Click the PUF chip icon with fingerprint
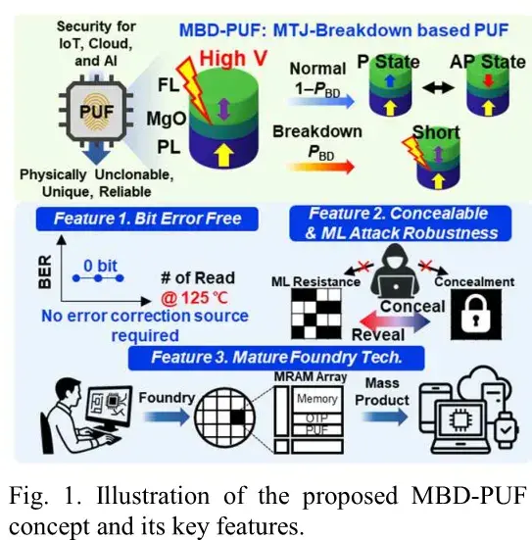[96, 111]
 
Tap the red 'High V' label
[233, 58]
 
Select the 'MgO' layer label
[167, 120]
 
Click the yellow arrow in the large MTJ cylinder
[224, 154]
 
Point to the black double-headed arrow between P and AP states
[438, 88]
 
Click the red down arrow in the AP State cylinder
[489, 81]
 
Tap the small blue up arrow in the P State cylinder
[390, 80]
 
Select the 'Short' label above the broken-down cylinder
[436, 132]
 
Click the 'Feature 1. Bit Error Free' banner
[147, 219]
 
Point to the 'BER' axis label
[45, 271]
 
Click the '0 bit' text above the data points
[100, 266]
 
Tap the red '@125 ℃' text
[194, 298]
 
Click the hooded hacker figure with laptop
[396, 271]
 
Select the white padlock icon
[476, 314]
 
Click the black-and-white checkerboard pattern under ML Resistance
[316, 314]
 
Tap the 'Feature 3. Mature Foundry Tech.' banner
[276, 358]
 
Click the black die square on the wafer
[238, 417]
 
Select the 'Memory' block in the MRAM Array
[317, 399]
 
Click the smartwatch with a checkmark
[506, 428]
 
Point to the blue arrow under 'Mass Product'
[385, 417]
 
